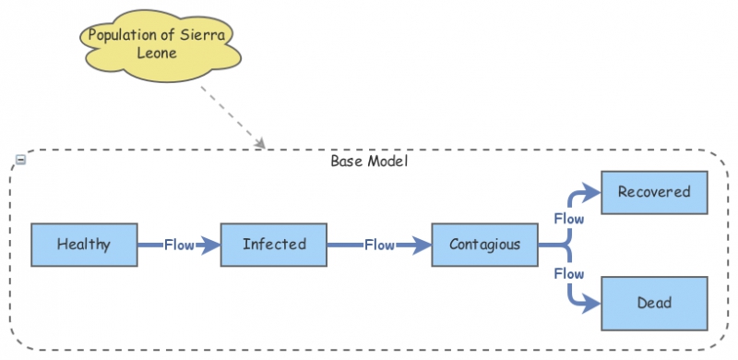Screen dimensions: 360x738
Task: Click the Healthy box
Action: click(84, 245)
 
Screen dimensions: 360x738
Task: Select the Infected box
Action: click(274, 245)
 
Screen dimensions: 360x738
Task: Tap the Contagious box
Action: click(484, 245)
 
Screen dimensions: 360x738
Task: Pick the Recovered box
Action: click(654, 192)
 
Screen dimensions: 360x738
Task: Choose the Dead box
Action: click(654, 302)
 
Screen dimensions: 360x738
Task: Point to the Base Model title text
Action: click(369, 161)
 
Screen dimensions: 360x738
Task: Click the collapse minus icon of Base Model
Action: click(20, 160)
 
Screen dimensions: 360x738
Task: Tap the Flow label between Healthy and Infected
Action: click(179, 246)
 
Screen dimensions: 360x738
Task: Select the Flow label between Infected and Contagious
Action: click(379, 246)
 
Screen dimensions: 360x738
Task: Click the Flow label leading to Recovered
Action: click(568, 219)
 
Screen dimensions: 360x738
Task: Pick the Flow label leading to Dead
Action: click(568, 274)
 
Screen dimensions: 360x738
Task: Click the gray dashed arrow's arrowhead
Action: click(261, 143)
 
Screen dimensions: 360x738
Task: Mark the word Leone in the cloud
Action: click(162, 53)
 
